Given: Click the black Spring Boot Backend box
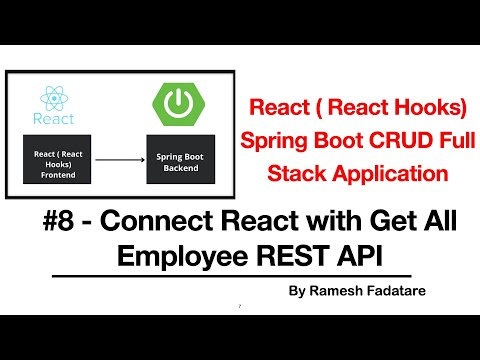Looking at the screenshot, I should tap(180, 158).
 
